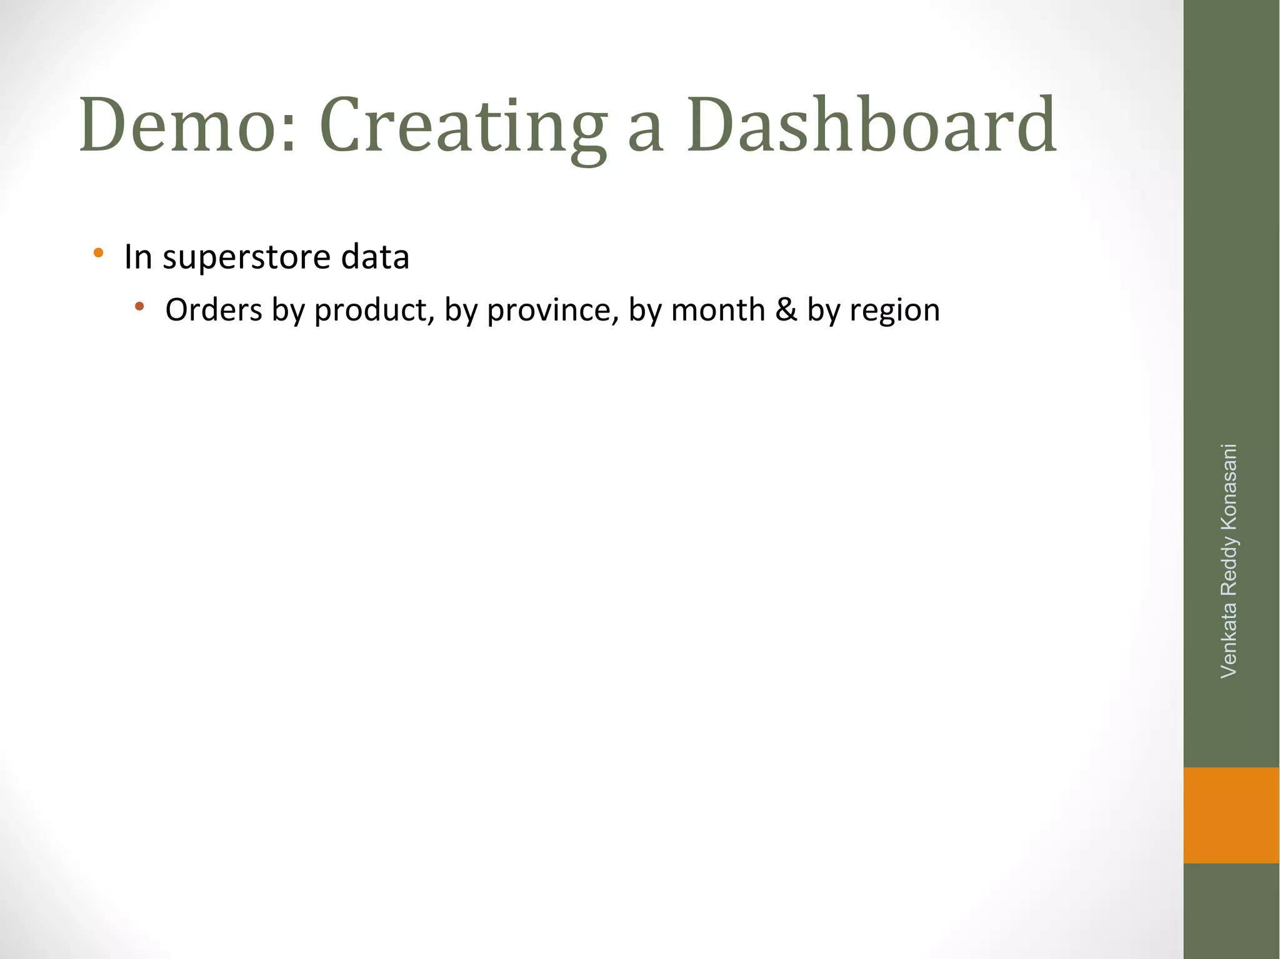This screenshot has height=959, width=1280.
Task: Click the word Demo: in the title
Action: point(187,125)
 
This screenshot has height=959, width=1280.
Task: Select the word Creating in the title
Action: point(462,125)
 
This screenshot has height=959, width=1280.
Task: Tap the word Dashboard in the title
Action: point(872,125)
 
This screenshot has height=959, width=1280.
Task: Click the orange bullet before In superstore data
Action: point(98,253)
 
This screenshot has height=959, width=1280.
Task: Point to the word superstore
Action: point(246,258)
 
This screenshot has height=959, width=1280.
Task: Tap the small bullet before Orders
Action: point(139,306)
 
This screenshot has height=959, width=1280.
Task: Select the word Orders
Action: point(214,310)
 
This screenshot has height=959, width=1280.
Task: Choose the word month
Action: point(718,310)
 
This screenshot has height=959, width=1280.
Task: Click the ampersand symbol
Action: point(786,310)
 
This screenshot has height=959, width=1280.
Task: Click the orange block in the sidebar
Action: point(1231,815)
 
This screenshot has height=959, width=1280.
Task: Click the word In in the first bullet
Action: point(138,257)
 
